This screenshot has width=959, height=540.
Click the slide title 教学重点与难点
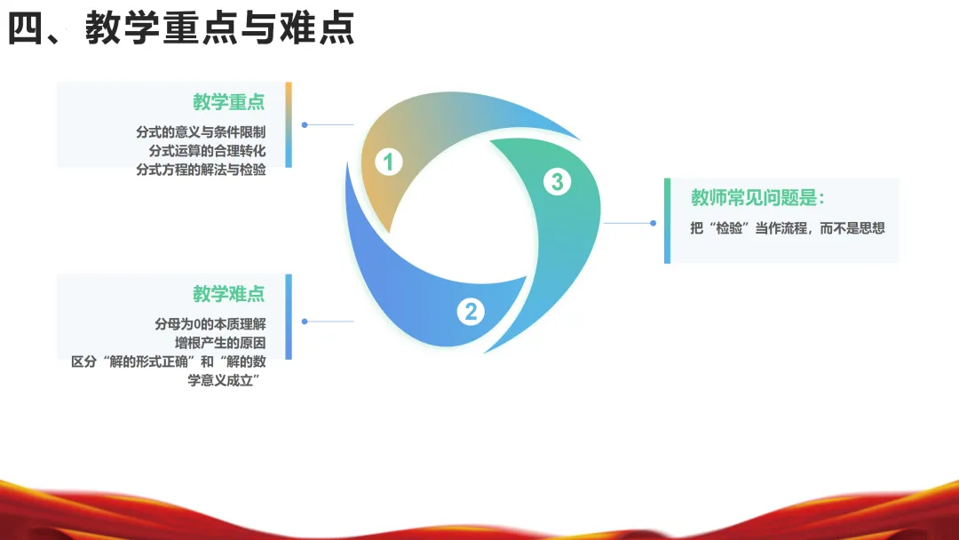pyautogui.click(x=220, y=28)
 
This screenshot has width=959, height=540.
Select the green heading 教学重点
pyautogui.click(x=228, y=102)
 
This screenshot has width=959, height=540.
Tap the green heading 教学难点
pyautogui.click(x=228, y=294)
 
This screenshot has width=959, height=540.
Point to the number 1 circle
pyautogui.click(x=388, y=162)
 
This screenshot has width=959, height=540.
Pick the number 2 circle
pyautogui.click(x=471, y=311)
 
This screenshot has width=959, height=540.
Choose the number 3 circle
pyautogui.click(x=557, y=182)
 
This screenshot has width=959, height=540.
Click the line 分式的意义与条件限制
pyautogui.click(x=201, y=132)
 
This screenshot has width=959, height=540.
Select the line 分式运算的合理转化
pyautogui.click(x=207, y=151)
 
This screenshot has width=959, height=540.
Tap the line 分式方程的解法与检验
pyautogui.click(x=201, y=170)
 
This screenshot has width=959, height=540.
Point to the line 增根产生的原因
pyautogui.click(x=221, y=343)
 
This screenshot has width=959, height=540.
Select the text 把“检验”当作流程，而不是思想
pyautogui.click(x=787, y=228)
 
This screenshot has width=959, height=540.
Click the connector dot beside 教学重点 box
pyautogui.click(x=305, y=125)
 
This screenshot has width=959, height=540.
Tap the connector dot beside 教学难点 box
pyautogui.click(x=305, y=322)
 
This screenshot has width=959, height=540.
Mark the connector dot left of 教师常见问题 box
pyautogui.click(x=653, y=223)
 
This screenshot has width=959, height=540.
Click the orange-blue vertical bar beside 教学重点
pyautogui.click(x=289, y=124)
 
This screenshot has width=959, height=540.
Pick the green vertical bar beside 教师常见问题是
pyautogui.click(x=668, y=220)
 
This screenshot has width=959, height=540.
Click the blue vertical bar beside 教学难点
pyautogui.click(x=289, y=316)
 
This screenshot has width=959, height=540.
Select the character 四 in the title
pyautogui.click(x=26, y=28)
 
